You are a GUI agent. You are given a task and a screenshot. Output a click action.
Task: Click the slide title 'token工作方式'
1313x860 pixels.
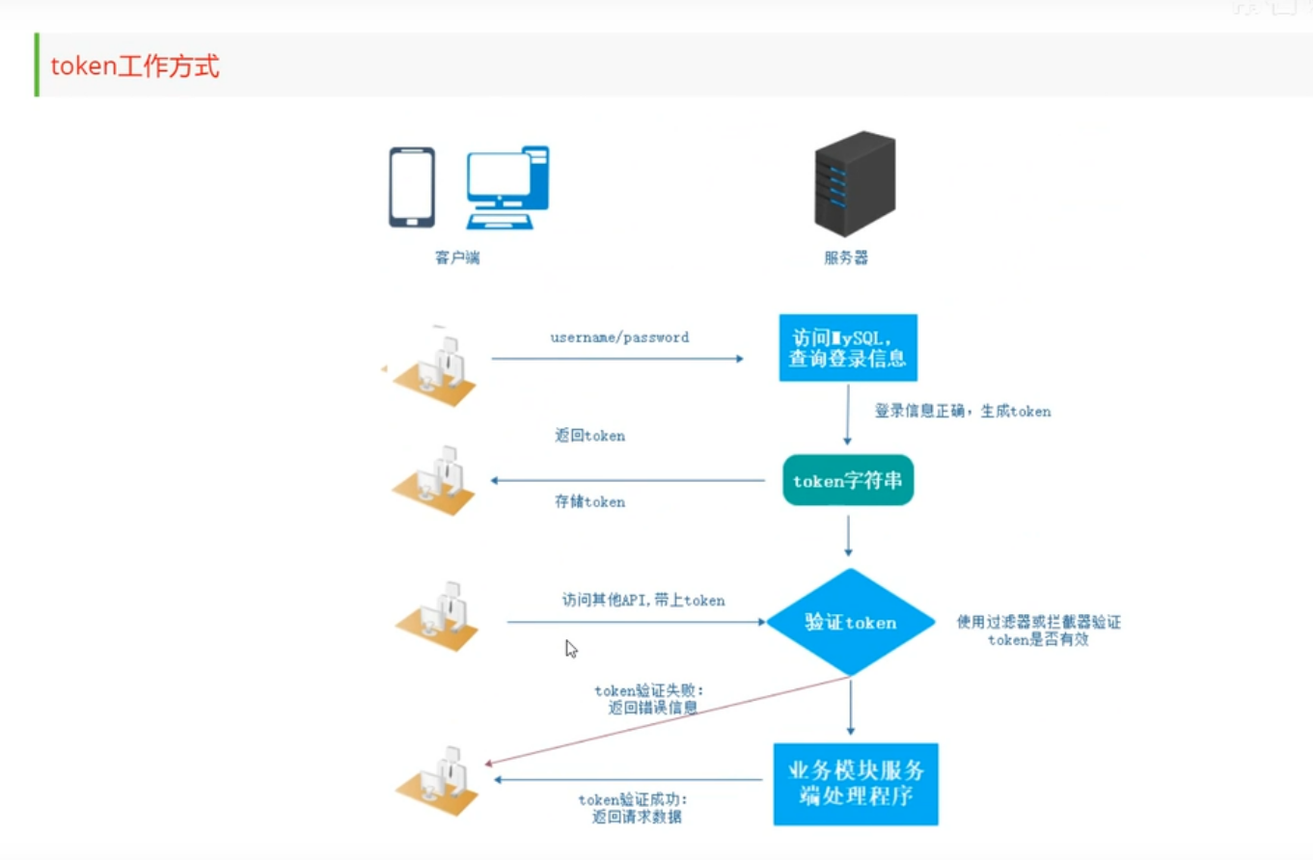[135, 67]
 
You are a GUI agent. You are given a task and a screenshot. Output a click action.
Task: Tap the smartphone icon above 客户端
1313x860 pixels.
[411, 187]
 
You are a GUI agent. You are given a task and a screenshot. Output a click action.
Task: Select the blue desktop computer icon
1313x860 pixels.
[507, 187]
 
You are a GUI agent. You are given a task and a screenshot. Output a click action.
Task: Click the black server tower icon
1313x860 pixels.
[854, 184]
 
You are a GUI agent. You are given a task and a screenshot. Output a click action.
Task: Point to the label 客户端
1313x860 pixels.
[456, 258]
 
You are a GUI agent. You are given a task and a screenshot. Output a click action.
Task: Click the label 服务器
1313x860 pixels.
[845, 258]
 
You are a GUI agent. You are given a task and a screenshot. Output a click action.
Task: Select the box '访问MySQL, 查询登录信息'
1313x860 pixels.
[847, 348]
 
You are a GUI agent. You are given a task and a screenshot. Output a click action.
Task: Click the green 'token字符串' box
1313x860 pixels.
[847, 479]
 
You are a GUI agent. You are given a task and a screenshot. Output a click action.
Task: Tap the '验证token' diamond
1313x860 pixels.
[850, 623]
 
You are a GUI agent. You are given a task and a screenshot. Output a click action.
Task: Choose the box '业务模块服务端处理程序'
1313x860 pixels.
[855, 784]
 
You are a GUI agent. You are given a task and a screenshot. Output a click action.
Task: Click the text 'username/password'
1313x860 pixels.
[619, 337]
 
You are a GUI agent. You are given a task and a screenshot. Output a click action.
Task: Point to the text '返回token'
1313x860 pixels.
[589, 436]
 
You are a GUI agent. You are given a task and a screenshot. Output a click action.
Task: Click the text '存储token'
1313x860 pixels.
[589, 501]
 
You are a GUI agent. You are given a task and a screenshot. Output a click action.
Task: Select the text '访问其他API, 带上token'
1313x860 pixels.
[643, 600]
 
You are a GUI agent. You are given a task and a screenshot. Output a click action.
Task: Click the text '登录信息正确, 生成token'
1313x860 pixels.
[962, 412]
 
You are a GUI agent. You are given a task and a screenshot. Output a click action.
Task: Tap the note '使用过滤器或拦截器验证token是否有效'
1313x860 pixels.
[1038, 631]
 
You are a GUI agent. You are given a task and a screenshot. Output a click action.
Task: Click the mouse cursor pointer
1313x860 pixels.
[571, 649]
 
